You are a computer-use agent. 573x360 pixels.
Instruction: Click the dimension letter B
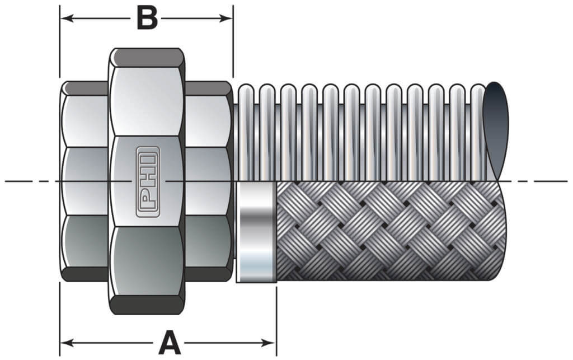[x=147, y=18]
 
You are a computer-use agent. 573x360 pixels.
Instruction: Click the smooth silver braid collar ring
[x=256, y=231]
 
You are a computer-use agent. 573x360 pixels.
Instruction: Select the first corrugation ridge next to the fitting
[x=246, y=132]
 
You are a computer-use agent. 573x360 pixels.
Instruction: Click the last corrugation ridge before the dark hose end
[x=477, y=132]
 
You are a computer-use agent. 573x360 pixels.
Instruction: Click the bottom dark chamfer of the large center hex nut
[x=147, y=305]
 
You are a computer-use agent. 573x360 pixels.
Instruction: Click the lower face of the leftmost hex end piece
[x=84, y=241]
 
